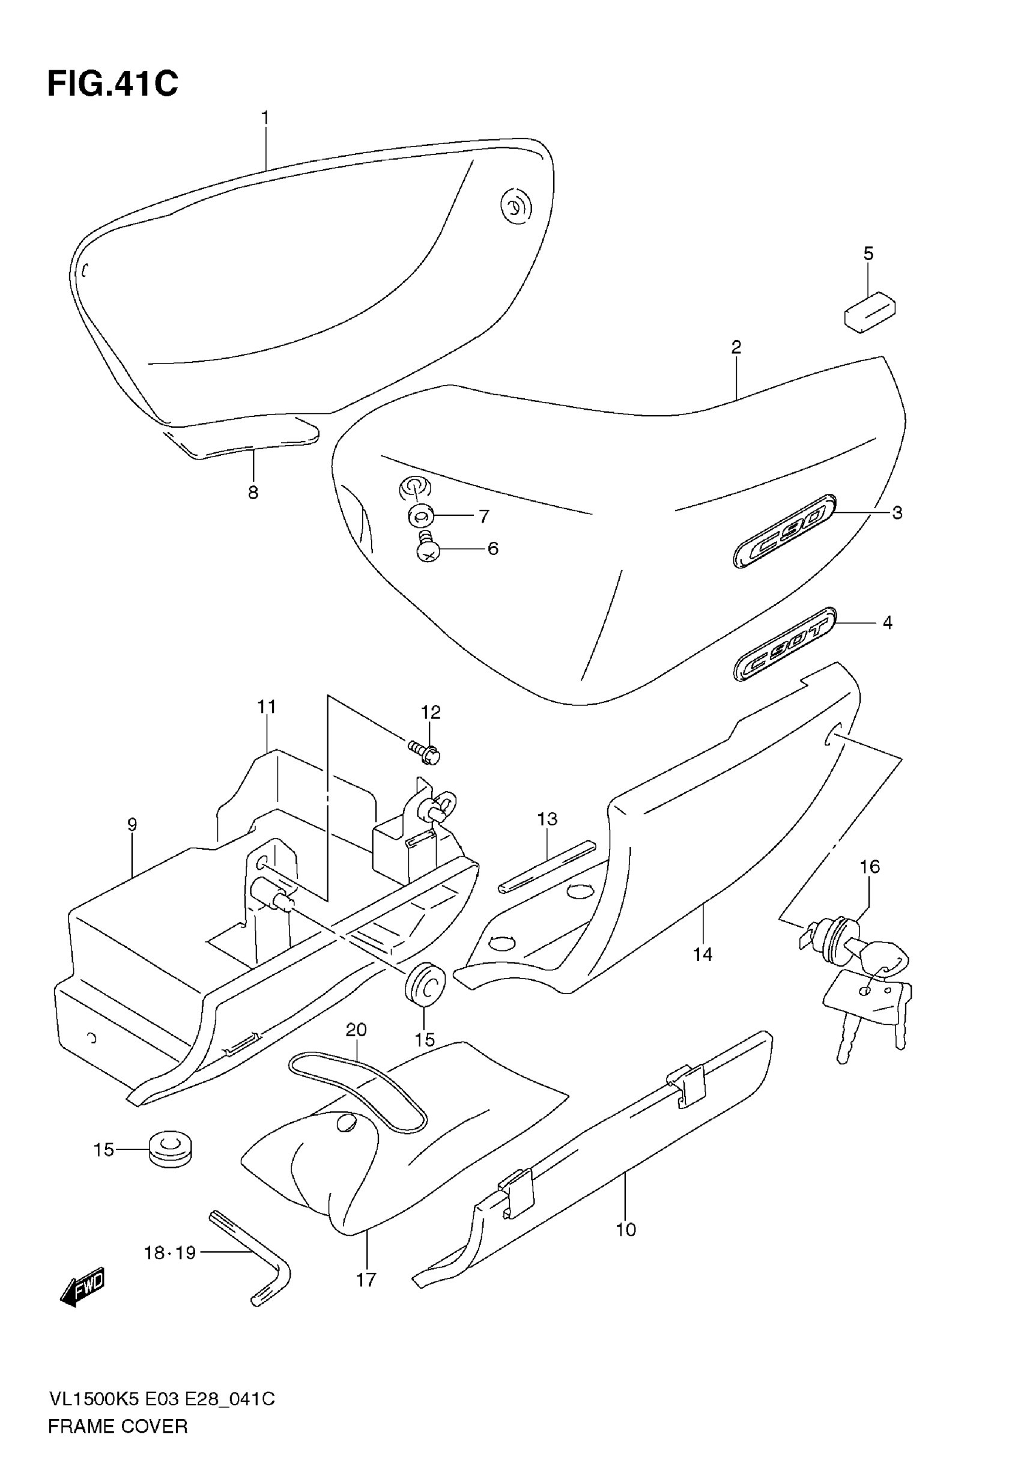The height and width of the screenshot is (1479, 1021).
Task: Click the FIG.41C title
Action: click(x=112, y=84)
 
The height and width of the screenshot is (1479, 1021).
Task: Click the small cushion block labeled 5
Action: click(x=870, y=312)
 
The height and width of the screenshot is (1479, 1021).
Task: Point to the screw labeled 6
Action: click(x=426, y=548)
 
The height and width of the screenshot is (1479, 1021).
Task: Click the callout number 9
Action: click(x=132, y=825)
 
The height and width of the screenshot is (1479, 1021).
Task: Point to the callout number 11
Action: click(x=267, y=707)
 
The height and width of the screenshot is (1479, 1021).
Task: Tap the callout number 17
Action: click(x=366, y=1280)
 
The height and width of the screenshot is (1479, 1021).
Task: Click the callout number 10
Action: click(x=626, y=1230)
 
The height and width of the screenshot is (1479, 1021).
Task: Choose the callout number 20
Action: click(x=356, y=1030)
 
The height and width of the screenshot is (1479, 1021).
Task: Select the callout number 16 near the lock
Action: click(x=870, y=867)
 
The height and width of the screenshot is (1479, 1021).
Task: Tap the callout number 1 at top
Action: click(x=265, y=118)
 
